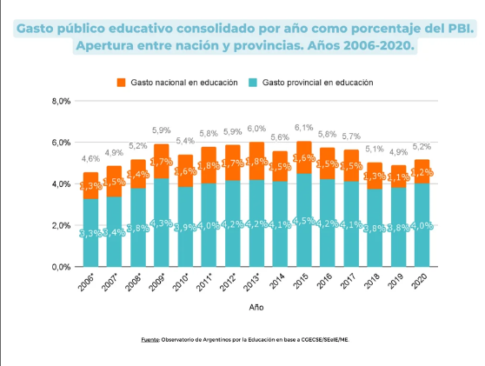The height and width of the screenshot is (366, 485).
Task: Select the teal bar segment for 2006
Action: coord(90,233)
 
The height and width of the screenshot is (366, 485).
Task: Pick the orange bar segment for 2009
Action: coord(162,162)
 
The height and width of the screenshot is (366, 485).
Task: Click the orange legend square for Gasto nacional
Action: coord(121,83)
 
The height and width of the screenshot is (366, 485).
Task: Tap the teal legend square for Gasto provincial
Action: coord(251,83)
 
